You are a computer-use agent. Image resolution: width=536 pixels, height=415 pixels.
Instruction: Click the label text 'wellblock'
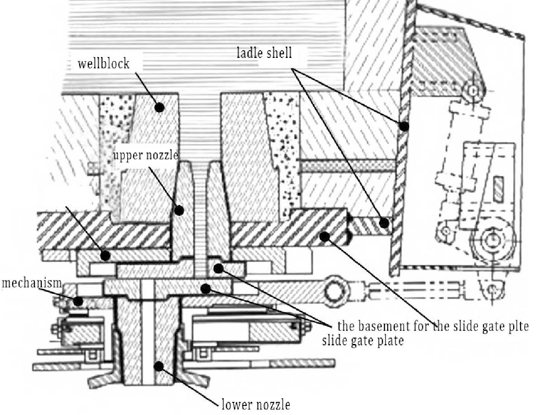point(103,63)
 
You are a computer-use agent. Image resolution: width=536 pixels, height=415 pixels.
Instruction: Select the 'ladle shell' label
point(265,53)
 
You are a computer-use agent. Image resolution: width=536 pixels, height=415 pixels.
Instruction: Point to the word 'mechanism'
point(31,283)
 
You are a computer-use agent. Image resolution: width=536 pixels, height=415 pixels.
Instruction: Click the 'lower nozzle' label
point(256,404)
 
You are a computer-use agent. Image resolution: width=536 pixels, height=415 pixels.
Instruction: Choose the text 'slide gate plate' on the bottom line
point(362,340)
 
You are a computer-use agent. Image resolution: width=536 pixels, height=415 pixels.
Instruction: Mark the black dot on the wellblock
point(159,107)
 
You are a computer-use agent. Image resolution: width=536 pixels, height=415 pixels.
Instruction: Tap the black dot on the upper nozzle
point(179,210)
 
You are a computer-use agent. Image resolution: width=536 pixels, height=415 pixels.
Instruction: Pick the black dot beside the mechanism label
point(78,300)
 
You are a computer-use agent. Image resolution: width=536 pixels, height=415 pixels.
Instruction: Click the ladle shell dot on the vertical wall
point(404,126)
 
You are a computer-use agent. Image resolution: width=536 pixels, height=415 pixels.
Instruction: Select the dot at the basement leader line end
point(324,235)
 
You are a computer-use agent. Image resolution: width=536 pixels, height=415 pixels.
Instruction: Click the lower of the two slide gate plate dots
point(206,287)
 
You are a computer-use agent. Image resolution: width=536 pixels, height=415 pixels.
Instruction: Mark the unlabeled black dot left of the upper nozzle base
point(105,256)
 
